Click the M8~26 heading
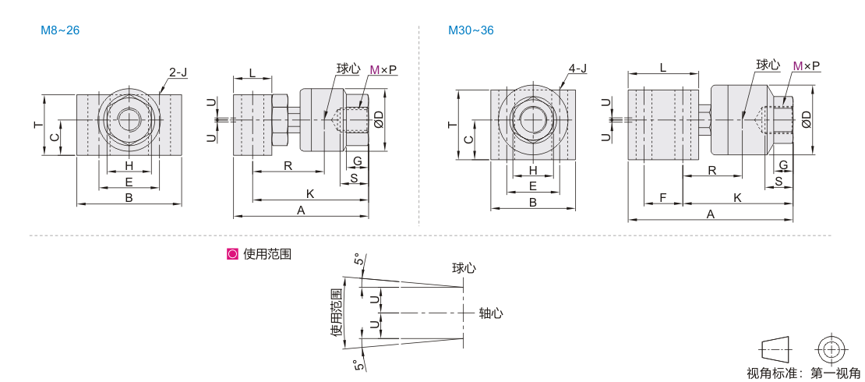(60, 30)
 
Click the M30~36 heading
(471, 30)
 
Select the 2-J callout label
(178, 73)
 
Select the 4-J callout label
(577, 69)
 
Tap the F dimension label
(662, 199)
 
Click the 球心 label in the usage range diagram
(464, 267)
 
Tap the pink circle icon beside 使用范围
(232, 253)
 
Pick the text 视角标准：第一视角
(803, 373)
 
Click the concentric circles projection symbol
(831, 347)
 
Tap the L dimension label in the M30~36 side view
(662, 68)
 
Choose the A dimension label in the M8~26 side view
(301, 210)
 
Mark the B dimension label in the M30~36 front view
(533, 202)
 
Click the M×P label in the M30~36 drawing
(806, 66)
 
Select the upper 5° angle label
(358, 260)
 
